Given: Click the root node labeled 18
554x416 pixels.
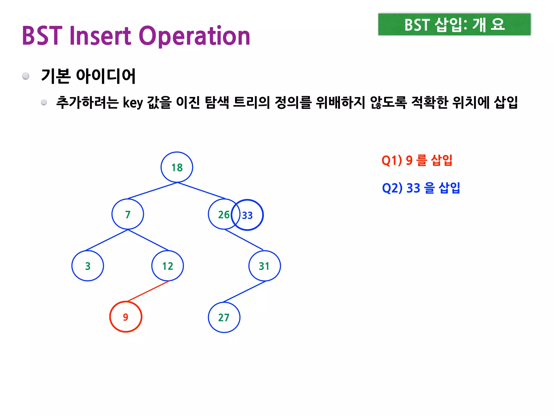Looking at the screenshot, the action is (x=177, y=167).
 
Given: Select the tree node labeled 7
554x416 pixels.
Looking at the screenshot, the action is (x=128, y=214).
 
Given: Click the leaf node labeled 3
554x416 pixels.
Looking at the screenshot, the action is (x=88, y=266).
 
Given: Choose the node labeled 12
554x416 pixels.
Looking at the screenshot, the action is (x=168, y=266).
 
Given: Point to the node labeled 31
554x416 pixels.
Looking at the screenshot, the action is (x=265, y=266).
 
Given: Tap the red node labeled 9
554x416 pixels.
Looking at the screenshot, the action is (x=126, y=317).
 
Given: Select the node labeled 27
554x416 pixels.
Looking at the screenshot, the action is (x=224, y=317).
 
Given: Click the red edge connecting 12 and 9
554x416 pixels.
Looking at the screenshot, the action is (x=148, y=291).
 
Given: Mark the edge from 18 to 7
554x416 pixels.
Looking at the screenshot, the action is (x=153, y=191).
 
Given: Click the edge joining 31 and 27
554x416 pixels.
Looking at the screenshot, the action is (x=244, y=292).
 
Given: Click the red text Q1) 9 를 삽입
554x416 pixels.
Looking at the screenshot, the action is (x=417, y=160).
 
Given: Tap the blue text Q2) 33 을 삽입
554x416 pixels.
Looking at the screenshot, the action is (x=421, y=188).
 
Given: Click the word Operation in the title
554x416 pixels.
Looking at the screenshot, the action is (x=194, y=36).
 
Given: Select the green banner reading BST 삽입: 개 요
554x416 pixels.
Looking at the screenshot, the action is (x=454, y=24).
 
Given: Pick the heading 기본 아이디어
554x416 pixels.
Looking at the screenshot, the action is (x=88, y=76).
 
